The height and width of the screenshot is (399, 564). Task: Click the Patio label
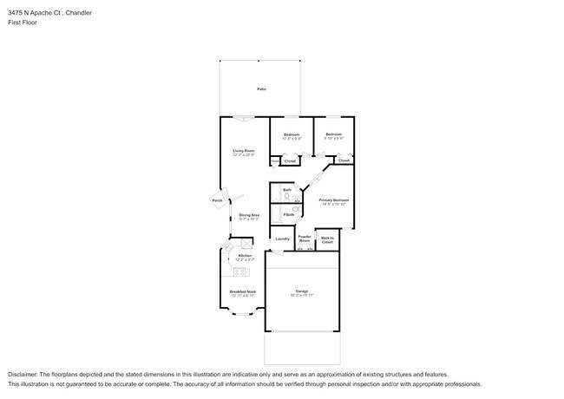tap(260, 89)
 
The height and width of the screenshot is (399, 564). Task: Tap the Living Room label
tap(243, 151)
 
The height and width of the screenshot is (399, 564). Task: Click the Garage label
tap(301, 291)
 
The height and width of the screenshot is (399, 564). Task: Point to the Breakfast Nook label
tap(243, 291)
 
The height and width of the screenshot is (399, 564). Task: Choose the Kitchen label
tap(244, 256)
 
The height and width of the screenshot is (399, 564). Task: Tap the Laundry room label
tap(282, 239)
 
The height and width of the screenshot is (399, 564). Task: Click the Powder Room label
tap(305, 238)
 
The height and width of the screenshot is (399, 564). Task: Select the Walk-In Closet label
tap(327, 239)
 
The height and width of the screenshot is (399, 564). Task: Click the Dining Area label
tap(251, 214)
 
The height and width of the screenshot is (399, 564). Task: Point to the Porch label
tap(217, 200)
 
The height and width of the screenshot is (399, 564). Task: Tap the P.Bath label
tap(288, 214)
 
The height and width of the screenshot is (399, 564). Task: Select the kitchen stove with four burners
tap(246, 244)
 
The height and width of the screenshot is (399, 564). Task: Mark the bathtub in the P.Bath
tap(275, 214)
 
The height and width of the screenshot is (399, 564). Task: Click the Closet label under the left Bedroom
tap(291, 160)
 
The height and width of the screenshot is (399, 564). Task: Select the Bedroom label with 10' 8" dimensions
tap(291, 134)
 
